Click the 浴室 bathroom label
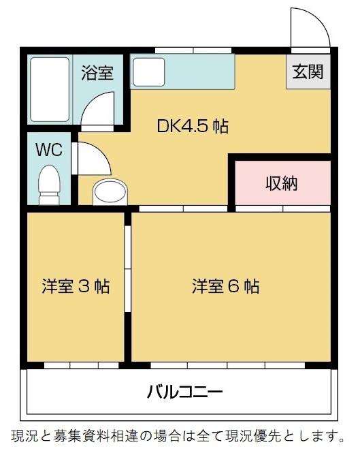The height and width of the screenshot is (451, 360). point(97,73)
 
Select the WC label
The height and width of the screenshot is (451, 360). point(48,149)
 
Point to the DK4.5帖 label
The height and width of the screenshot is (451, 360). point(193,126)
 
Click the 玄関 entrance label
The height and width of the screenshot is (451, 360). point(308,72)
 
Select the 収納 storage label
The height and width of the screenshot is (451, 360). point(281,183)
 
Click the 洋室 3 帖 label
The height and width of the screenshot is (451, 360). point(76,286)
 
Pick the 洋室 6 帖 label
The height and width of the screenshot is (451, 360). point(225,286)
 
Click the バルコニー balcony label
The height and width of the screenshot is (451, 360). point(184,392)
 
